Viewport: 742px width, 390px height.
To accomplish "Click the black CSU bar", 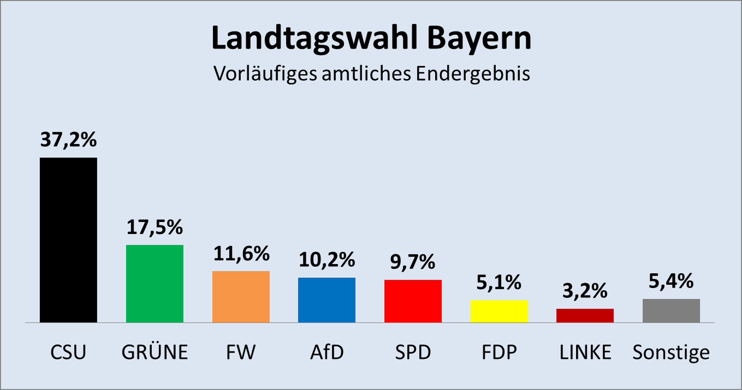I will (x=68, y=240).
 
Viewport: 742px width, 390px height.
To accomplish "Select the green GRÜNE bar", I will (x=155, y=283).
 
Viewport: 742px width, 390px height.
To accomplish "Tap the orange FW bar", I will (x=241, y=297).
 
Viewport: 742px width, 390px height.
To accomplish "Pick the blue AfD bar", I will (x=327, y=300).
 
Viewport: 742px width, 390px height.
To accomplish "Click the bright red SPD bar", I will (x=413, y=301).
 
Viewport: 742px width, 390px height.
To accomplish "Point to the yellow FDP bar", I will (x=499, y=311).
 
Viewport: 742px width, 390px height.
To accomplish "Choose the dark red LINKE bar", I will (x=585, y=315).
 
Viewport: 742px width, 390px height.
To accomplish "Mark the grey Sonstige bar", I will (x=671, y=310).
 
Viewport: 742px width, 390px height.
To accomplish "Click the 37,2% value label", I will (x=68, y=139).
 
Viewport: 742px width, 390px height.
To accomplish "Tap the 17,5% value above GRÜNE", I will (x=155, y=227).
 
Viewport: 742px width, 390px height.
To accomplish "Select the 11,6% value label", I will (x=241, y=254).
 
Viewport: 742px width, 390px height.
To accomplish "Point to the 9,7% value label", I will (x=412, y=262).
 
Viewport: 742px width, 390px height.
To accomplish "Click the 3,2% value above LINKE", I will (x=585, y=291).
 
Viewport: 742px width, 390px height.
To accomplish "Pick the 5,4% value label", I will (x=671, y=281).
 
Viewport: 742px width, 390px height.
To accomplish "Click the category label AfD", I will (x=327, y=352).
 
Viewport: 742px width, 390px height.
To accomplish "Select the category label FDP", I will (x=499, y=352).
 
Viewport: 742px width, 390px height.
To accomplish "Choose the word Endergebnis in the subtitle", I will (x=473, y=73).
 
